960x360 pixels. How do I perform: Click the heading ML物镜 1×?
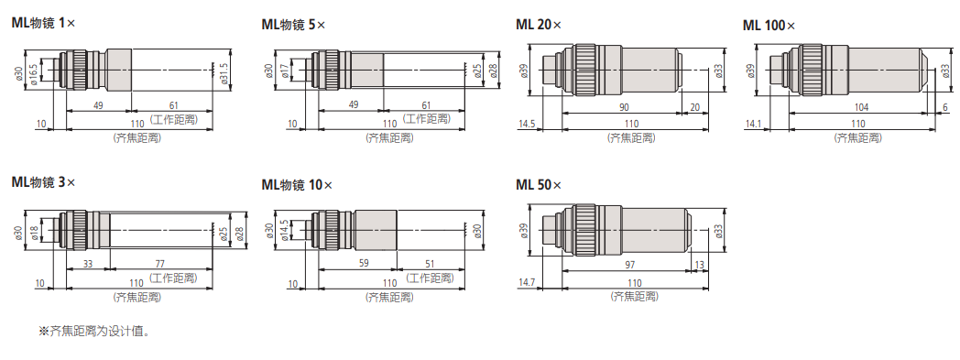coord(43,23)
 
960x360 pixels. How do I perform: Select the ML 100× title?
coord(769,26)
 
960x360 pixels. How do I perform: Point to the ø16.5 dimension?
coord(34,71)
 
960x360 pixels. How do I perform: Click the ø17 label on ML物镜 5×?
coord(285,71)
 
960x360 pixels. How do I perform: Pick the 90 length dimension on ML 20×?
coord(623,107)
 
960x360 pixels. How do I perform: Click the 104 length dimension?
coord(861,107)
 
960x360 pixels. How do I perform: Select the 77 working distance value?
coord(159,264)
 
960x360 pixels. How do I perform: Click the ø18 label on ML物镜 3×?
coord(34,231)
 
